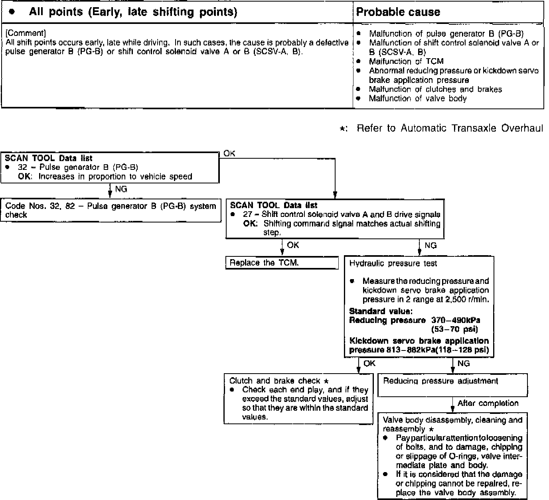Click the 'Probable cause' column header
tap(398, 12)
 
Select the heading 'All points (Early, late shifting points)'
tap(133, 12)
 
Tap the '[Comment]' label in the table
tap(26, 33)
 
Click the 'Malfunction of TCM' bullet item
tap(406, 61)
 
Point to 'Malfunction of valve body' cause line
tap(417, 98)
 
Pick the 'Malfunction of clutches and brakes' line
tap(435, 89)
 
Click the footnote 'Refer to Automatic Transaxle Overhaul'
tap(450, 128)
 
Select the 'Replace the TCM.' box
tap(282, 263)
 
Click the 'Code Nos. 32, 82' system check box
tap(111, 210)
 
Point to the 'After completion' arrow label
tap(488, 403)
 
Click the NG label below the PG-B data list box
tap(121, 189)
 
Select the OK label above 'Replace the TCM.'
tap(293, 245)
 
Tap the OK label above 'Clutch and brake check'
tap(369, 363)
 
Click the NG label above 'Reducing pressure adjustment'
tap(464, 363)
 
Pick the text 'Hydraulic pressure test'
tap(393, 264)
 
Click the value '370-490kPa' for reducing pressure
tap(456, 320)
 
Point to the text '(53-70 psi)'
tap(454, 329)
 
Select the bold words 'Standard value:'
tap(381, 311)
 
